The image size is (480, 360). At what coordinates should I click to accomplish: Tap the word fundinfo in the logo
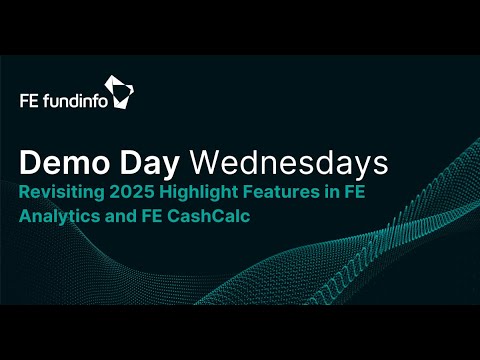coord(73,101)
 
